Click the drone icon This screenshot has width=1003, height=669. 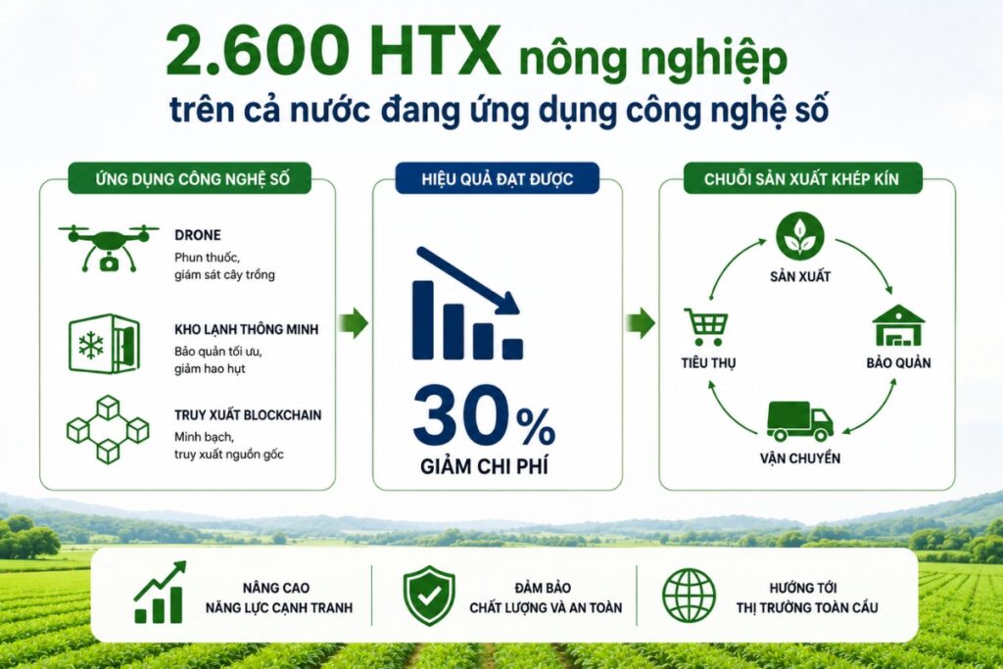pos(109,247)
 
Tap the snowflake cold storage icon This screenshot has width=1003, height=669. pos(104,344)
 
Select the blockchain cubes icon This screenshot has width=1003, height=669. pos(108,429)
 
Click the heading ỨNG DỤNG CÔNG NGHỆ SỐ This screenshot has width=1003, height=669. pos(190,178)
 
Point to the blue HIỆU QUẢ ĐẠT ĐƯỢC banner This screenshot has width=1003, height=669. pos(497,178)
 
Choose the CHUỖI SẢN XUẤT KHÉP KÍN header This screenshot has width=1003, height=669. pos(802,178)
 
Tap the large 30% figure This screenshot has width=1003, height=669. pos(484,415)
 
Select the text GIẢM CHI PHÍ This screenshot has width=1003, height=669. pos(484,466)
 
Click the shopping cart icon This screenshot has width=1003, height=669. pos(707,327)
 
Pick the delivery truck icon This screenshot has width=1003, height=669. pos(799,421)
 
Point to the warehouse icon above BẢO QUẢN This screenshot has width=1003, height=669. pos(899,326)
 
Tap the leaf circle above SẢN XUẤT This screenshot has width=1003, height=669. pos(799,237)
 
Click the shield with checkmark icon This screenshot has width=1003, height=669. pos(429,595)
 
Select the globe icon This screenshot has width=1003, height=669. pos(689,596)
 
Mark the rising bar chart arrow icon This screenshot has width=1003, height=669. pos(160,593)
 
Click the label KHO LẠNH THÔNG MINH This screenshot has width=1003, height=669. pos(246,329)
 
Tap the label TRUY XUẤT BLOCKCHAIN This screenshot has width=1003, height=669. pos(248,415)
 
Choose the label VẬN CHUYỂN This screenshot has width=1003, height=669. pos(800,458)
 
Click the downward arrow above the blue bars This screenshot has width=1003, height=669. pos(468,281)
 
